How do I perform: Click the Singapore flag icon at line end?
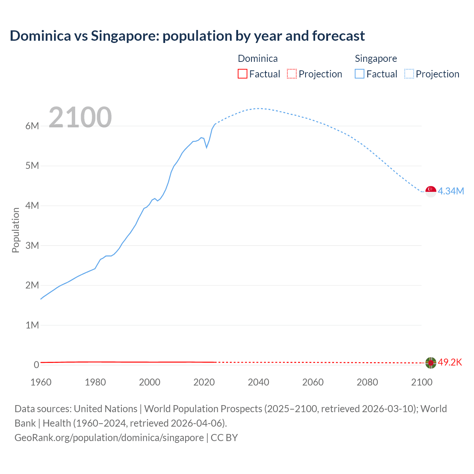pyautogui.click(x=431, y=191)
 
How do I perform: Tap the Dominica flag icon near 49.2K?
pyautogui.click(x=431, y=363)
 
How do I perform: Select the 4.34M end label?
pyautogui.click(x=451, y=191)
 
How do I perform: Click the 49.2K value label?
pyautogui.click(x=450, y=362)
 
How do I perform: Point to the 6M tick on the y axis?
pyautogui.click(x=32, y=126)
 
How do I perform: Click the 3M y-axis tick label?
pyautogui.click(x=32, y=246)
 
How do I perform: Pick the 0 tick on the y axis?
pyautogui.click(x=36, y=365)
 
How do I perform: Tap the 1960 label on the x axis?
pyautogui.click(x=41, y=382)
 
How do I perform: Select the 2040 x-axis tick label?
pyautogui.click(x=258, y=382)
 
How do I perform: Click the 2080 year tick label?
pyautogui.click(x=367, y=382)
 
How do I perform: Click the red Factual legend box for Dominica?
pyautogui.click(x=242, y=74)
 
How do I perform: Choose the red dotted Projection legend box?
pyautogui.click(x=292, y=74)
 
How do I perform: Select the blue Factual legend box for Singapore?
pyautogui.click(x=359, y=74)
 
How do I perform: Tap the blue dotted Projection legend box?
pyautogui.click(x=409, y=74)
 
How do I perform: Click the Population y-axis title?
pyautogui.click(x=16, y=230)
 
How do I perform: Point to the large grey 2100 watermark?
pyautogui.click(x=80, y=117)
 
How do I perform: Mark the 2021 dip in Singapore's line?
pyautogui.click(x=207, y=147)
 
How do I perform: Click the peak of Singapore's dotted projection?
pyautogui.click(x=258, y=109)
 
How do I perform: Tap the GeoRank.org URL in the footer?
pyautogui.click(x=109, y=437)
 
